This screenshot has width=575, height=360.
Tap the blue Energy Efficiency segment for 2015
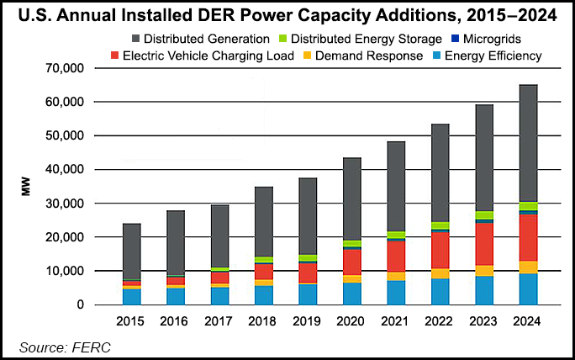[x=131, y=296]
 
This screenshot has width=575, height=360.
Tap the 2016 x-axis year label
[x=175, y=320]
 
